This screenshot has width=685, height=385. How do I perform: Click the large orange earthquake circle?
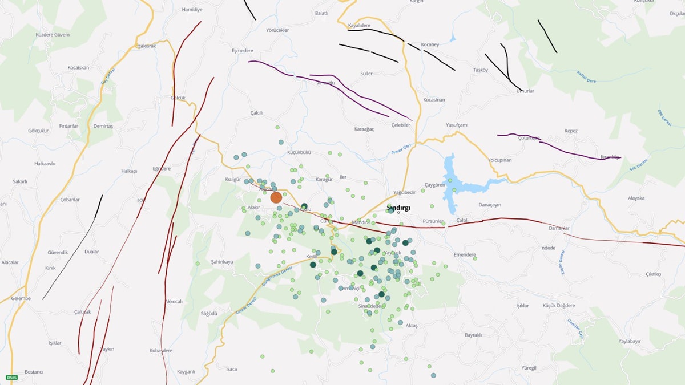click(x=276, y=197)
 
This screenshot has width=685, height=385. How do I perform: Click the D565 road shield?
click(x=11, y=378)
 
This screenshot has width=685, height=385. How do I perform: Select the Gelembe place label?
click(x=21, y=298)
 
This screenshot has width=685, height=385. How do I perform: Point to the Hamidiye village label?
click(x=192, y=10)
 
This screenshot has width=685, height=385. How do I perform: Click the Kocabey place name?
click(x=430, y=44)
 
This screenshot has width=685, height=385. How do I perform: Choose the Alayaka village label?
click(x=636, y=198)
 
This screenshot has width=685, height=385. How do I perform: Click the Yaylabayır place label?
click(x=630, y=341)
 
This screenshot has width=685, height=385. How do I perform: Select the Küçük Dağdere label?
click(x=558, y=306)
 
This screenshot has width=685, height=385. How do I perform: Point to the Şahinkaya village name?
click(x=222, y=262)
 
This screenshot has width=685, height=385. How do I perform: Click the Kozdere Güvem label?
click(x=53, y=34)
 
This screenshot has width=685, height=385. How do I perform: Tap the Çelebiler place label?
click(x=400, y=125)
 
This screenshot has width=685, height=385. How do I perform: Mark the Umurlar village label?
click(x=525, y=91)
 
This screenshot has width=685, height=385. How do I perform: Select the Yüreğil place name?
click(x=529, y=368)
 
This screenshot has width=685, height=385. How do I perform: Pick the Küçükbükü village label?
click(x=299, y=153)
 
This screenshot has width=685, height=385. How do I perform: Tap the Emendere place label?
click(x=464, y=254)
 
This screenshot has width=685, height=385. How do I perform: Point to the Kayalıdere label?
click(x=359, y=25)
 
